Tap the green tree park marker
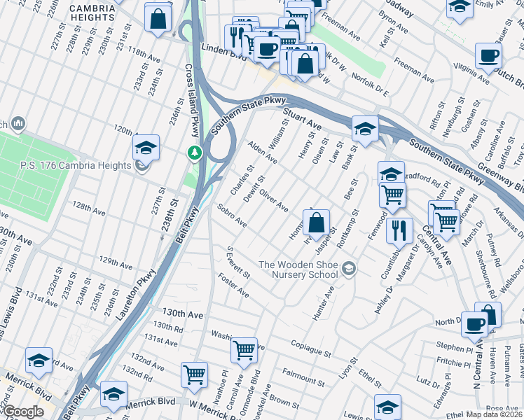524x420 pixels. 194,152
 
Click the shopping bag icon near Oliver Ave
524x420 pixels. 317,223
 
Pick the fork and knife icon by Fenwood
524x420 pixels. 399,230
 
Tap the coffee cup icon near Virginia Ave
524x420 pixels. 488,56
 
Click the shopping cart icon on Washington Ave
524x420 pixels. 243,349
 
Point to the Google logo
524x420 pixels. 23,412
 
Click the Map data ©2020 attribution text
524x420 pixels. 495,414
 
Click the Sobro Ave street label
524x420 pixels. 232,216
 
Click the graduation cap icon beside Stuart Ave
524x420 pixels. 364,128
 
